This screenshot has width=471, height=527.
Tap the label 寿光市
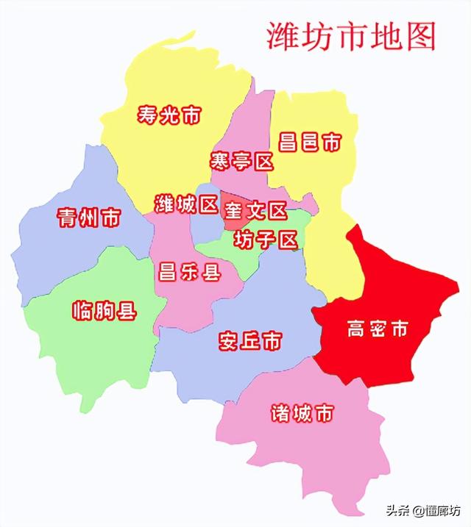click(169, 115)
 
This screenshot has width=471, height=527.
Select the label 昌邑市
click(310, 142)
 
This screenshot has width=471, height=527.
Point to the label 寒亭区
click(241, 161)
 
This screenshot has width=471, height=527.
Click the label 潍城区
click(185, 203)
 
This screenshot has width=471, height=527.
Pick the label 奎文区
click(255, 212)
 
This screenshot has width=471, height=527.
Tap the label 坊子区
click(265, 239)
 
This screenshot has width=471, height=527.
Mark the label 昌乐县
click(189, 273)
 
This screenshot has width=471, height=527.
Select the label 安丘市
click(250, 341)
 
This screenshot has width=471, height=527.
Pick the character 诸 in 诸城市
click(280, 413)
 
